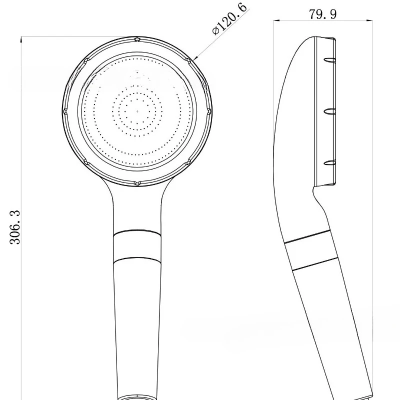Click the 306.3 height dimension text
pyautogui.click(x=14, y=227)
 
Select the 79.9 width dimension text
pyautogui.click(x=322, y=13)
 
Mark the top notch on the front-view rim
pyautogui.click(x=136, y=38)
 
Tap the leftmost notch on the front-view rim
pyautogui.click(x=64, y=110)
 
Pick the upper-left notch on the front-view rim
pyautogui.click(x=85, y=59)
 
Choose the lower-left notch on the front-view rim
pyautogui.click(x=85, y=161)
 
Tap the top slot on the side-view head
pyautogui.click(x=328, y=59)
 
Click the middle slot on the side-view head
pyautogui.click(x=328, y=111)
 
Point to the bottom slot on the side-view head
pyautogui.click(x=328, y=162)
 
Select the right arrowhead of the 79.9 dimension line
pyautogui.click(x=370, y=21)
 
